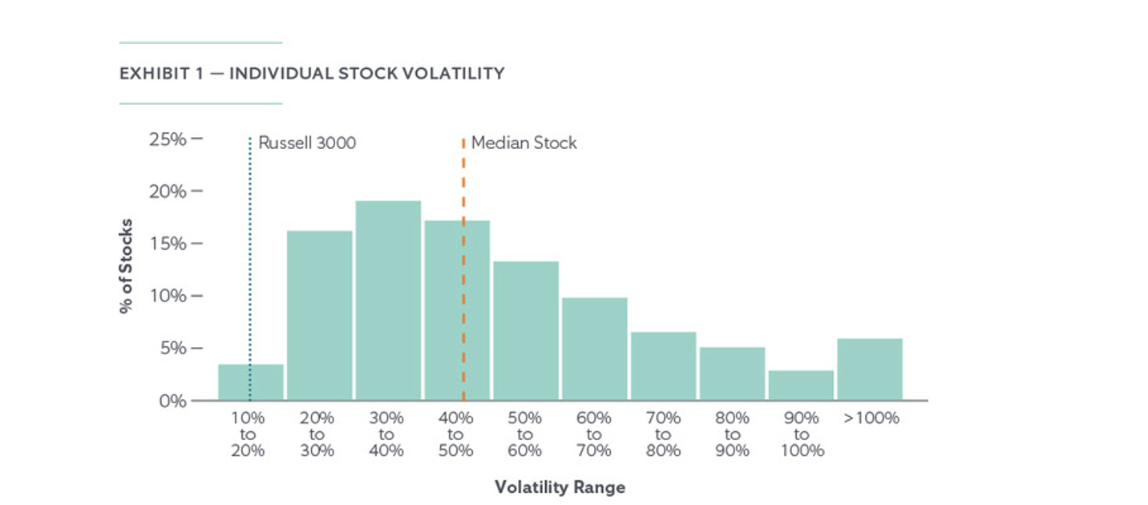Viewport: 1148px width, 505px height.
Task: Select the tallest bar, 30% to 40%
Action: tap(388, 301)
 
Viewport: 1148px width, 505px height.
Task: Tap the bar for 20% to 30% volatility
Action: tap(319, 315)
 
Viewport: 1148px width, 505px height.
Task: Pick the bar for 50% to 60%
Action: tap(526, 330)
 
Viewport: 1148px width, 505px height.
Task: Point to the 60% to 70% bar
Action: tap(594, 349)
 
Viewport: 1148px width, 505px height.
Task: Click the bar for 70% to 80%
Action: tap(663, 366)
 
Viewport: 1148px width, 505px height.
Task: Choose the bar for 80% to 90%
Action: tap(732, 374)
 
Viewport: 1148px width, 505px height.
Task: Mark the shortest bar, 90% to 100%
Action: tap(801, 386)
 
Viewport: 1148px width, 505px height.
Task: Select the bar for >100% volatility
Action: tap(870, 370)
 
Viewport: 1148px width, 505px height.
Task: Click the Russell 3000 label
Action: tap(307, 143)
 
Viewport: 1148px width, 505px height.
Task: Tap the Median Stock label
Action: tap(523, 143)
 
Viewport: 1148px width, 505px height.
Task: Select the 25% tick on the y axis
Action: tap(168, 139)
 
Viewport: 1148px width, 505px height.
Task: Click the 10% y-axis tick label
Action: tap(168, 296)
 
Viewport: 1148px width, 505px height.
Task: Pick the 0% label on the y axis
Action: tap(171, 401)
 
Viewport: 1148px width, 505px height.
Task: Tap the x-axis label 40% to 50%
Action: tap(455, 434)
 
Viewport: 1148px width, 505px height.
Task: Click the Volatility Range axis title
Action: tap(560, 487)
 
